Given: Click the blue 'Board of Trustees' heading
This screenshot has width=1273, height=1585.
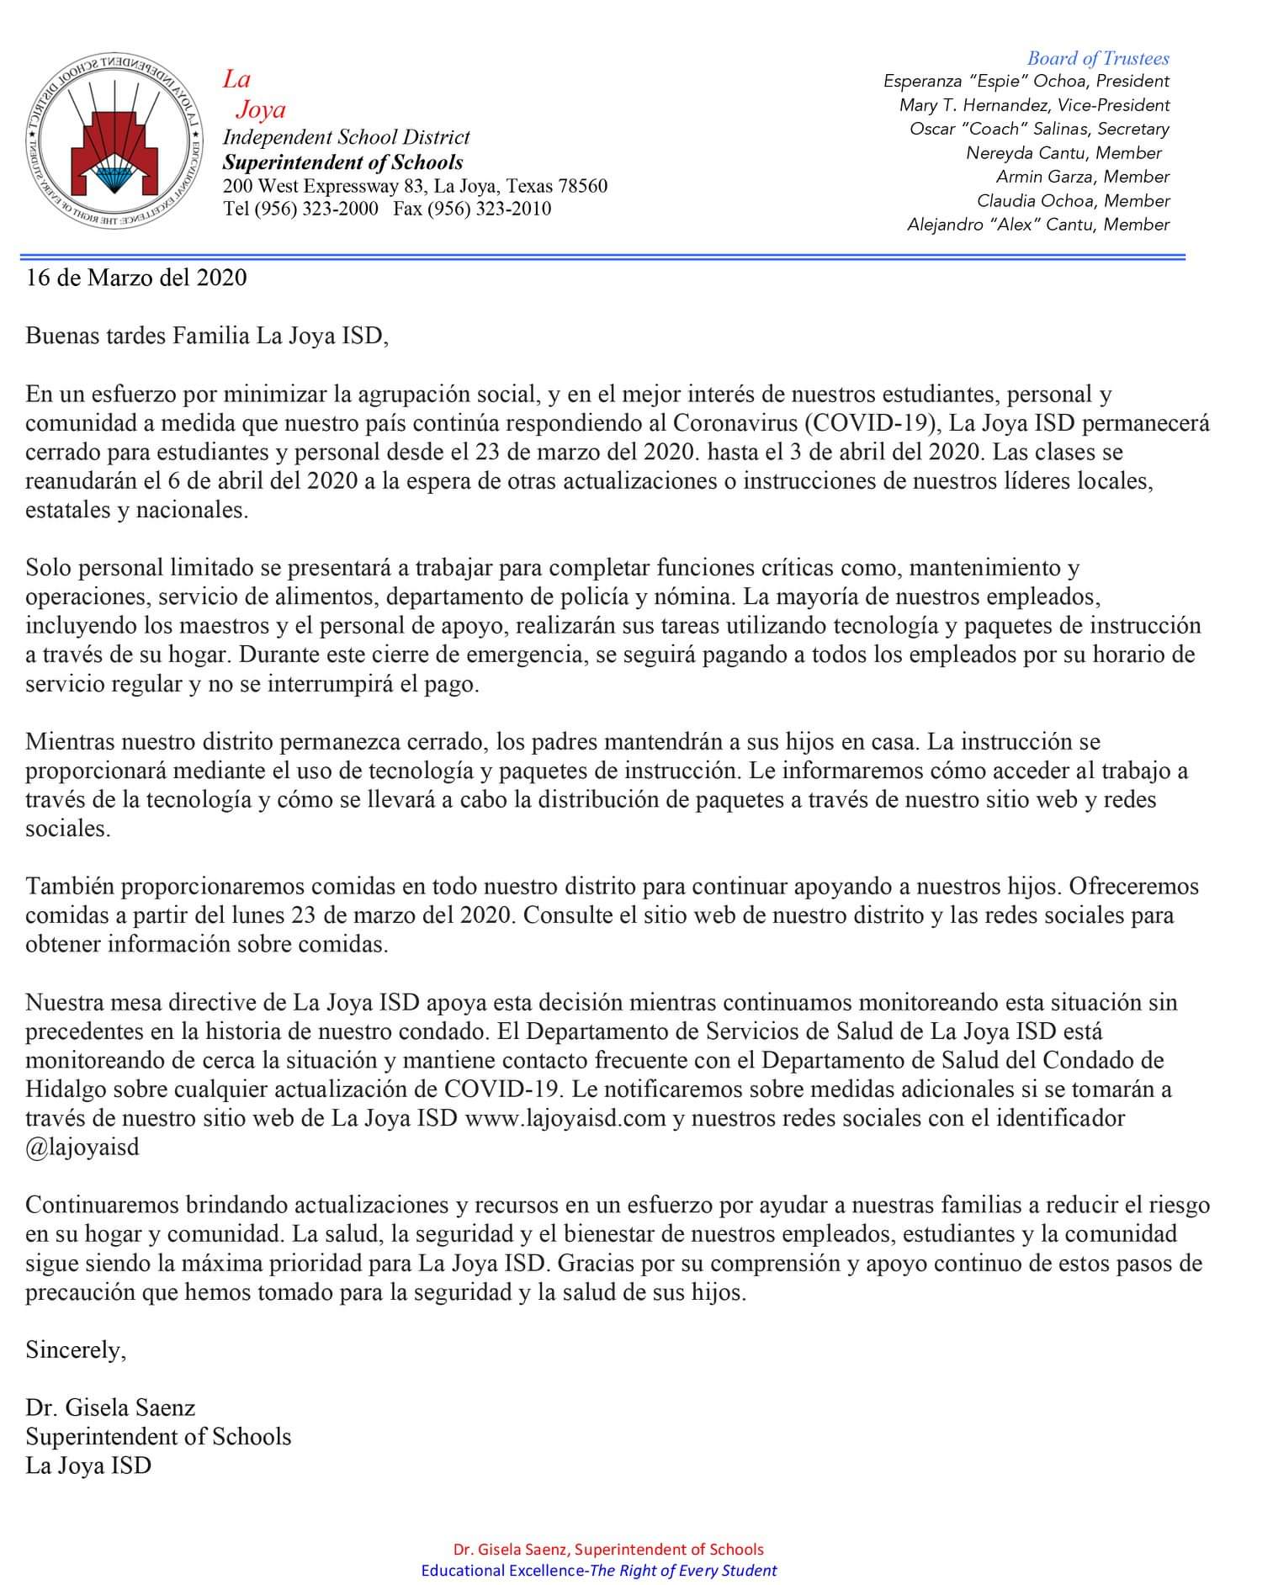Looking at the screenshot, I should point(1097,58).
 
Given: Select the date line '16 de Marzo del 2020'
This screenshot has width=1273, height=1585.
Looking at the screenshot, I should point(136,278).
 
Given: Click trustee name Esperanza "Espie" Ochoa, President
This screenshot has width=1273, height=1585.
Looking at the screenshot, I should point(1026,82).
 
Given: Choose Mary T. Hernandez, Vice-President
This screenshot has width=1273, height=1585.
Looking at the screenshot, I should point(1034,105).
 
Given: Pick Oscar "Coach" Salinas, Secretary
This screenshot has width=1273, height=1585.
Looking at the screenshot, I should point(1039,129).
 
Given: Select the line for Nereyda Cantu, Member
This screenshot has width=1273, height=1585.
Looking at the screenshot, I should point(1063,153).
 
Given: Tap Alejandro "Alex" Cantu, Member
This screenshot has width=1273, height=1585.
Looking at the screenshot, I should point(1037,225).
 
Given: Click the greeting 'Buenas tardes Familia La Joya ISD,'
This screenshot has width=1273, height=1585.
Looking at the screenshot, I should point(207,337).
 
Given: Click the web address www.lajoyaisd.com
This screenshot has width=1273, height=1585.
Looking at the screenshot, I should point(565,1118).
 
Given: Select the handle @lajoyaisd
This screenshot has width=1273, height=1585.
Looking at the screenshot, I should point(82,1148).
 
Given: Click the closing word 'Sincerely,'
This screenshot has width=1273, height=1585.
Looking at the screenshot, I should point(76,1350).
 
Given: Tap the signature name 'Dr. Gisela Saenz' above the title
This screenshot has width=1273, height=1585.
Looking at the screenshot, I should point(110,1407).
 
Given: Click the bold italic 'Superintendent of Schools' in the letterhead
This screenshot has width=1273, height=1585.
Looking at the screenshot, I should point(342,162).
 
